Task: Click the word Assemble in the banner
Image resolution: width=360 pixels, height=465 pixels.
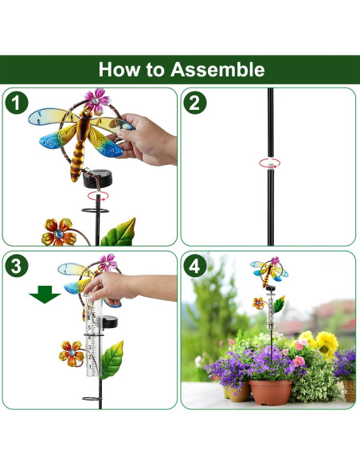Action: point(217,69)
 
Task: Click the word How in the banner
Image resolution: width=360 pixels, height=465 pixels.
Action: point(119,69)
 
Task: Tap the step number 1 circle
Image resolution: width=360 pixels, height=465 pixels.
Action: point(17,103)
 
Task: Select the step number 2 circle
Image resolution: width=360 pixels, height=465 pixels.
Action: point(195,103)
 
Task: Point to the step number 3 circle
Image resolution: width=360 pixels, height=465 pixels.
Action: point(17,266)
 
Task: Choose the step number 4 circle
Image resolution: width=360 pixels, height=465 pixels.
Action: point(195,266)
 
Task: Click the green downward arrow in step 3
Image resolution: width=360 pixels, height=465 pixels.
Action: point(45,295)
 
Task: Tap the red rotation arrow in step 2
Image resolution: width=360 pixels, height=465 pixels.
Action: point(269,163)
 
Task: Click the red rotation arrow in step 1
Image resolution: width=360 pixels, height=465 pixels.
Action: point(98,196)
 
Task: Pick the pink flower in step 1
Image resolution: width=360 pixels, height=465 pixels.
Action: point(97,101)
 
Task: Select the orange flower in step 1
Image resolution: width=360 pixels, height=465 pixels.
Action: point(59,232)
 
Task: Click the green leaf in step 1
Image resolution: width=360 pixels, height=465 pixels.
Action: point(119,232)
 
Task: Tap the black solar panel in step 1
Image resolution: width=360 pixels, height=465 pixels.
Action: point(98,178)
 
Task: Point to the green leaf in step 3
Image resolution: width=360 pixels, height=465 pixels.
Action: point(112,360)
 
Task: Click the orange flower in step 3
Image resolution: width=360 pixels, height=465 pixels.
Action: point(72,354)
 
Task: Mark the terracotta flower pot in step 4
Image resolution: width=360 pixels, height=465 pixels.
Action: point(271,392)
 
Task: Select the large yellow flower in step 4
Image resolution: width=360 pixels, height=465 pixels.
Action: point(327,345)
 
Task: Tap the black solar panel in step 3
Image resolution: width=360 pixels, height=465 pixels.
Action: point(110,322)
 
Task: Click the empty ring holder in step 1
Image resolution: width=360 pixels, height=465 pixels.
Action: point(96,210)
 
